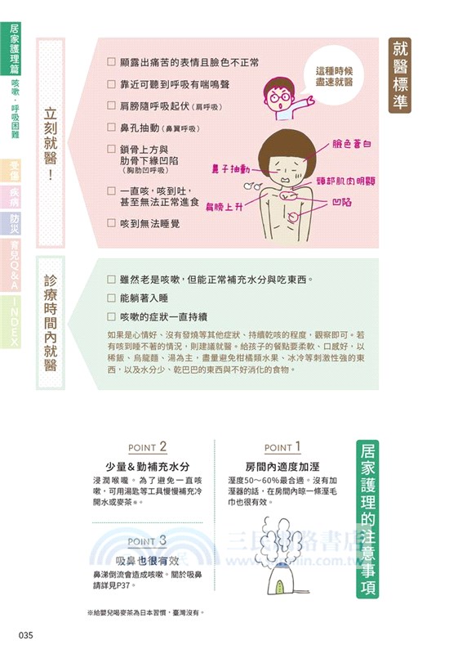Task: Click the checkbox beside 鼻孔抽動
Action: (x=112, y=128)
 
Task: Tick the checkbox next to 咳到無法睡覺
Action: (x=112, y=222)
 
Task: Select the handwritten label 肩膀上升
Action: (x=225, y=206)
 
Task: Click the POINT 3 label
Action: (x=147, y=540)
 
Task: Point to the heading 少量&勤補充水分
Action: (x=152, y=467)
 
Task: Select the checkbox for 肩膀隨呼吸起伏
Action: (x=112, y=105)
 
